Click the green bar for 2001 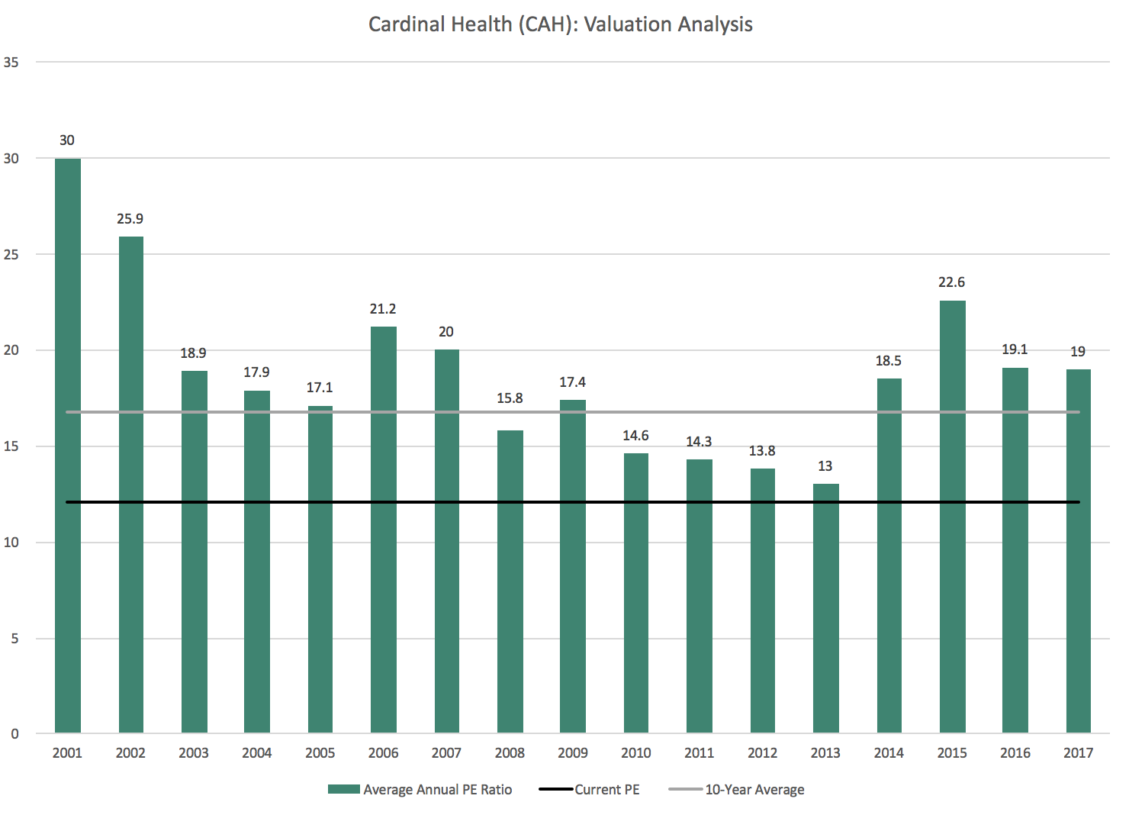pyautogui.click(x=68, y=446)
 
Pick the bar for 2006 pyautogui.click(x=383, y=530)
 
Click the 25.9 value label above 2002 pyautogui.click(x=130, y=219)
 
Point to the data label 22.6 pyautogui.click(x=952, y=282)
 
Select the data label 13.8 pyautogui.click(x=762, y=451)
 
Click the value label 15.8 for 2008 pyautogui.click(x=510, y=398)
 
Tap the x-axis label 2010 pyautogui.click(x=636, y=753)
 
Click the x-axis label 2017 pyautogui.click(x=1078, y=753)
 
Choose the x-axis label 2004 pyautogui.click(x=257, y=753)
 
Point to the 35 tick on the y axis pyautogui.click(x=11, y=63)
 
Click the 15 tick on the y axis pyautogui.click(x=11, y=446)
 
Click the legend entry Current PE pyautogui.click(x=606, y=790)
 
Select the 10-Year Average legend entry pyautogui.click(x=754, y=790)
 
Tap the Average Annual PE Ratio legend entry pyautogui.click(x=437, y=790)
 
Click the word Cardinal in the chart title pyautogui.click(x=404, y=24)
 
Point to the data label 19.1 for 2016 pyautogui.click(x=1015, y=350)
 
